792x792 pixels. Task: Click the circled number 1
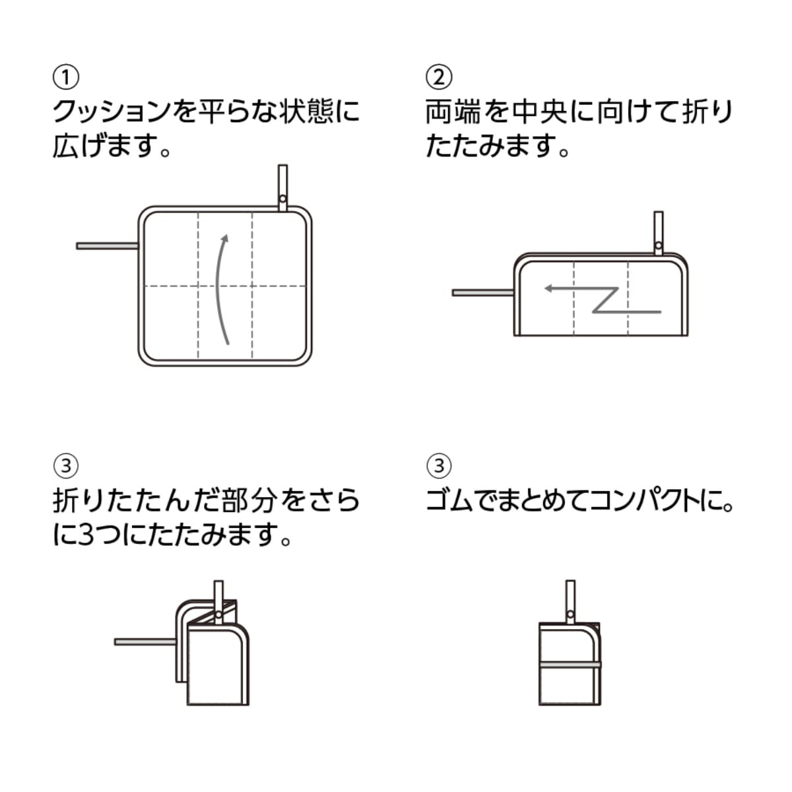pos(65,78)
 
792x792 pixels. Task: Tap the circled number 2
pos(439,78)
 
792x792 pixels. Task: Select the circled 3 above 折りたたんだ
pos(65,466)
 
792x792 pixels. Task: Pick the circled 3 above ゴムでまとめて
pos(439,466)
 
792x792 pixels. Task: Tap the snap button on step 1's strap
pos(283,198)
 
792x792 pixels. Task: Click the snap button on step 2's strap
pos(658,246)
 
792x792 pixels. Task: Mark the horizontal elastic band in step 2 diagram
pos(482,292)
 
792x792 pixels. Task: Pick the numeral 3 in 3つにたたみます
pos(86,535)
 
